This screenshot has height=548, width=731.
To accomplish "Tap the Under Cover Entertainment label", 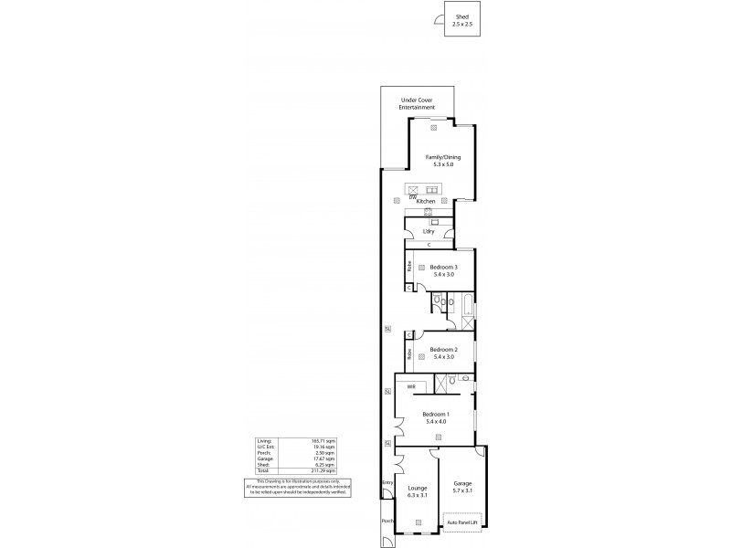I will (x=416, y=104).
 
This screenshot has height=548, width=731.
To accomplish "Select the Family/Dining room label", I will (x=443, y=158).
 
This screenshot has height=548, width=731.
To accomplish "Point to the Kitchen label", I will (x=426, y=201).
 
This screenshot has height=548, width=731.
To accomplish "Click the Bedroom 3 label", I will (x=444, y=267).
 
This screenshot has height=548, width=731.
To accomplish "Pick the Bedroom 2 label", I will (x=443, y=349).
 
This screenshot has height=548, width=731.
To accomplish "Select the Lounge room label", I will (x=417, y=489).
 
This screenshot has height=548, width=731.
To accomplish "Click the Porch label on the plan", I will (x=387, y=522).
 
